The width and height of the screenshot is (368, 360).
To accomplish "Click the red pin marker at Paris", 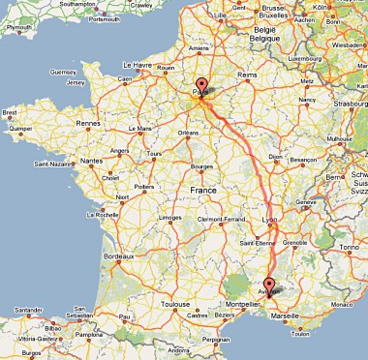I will pyautogui.click(x=201, y=85).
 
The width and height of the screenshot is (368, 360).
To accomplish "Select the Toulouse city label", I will pyautogui.click(x=175, y=304).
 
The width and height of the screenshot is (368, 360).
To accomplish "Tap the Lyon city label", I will pyautogui.click(x=269, y=220).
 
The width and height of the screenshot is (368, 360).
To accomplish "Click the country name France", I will pyautogui.click(x=204, y=191).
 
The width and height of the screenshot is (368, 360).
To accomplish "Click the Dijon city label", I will pyautogui.click(x=275, y=155).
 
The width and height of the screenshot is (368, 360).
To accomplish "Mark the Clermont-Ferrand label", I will pyautogui.click(x=219, y=220).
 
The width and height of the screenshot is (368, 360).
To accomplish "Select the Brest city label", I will pyautogui.click(x=12, y=112).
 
